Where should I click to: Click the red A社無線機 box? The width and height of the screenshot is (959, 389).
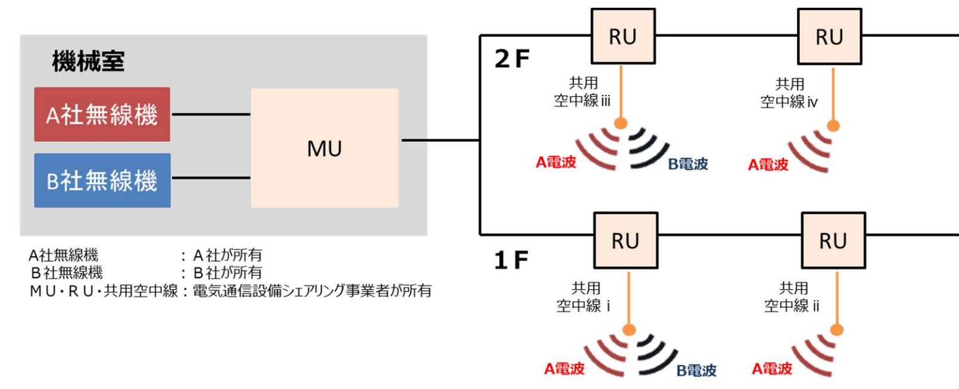102,114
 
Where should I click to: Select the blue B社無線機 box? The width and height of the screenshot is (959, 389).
102,180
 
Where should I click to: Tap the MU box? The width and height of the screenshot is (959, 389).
324,148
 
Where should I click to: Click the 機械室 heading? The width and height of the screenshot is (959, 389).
88,61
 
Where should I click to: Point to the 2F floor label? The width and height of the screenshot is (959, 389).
512,59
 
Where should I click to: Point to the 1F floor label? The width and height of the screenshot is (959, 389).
511,260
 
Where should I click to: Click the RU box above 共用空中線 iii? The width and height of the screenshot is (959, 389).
623,37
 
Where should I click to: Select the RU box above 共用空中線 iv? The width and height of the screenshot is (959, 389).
829,37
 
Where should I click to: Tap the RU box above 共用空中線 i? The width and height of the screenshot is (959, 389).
625,241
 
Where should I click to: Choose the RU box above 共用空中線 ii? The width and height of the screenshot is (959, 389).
833,241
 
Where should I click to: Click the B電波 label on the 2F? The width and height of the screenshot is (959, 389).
688,164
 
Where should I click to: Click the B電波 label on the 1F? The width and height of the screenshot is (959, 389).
696,370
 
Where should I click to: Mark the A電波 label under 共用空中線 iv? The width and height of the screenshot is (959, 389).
768,165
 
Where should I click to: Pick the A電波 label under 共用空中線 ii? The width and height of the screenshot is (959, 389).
772,369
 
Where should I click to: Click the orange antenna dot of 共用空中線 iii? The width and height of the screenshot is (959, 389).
621,123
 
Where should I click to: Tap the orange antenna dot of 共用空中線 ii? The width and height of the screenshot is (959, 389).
837,329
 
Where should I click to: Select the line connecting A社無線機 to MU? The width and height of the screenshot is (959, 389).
210,114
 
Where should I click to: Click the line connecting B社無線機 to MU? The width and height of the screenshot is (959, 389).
210,178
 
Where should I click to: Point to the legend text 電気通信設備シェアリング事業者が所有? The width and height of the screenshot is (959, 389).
311,291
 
